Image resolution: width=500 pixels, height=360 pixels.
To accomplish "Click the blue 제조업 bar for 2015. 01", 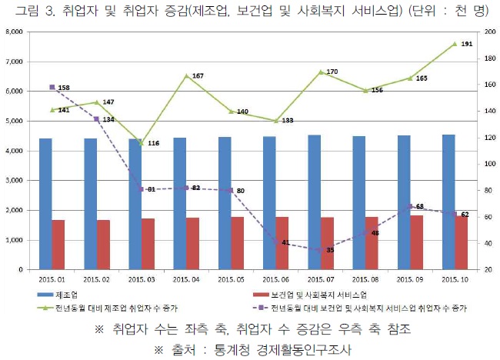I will click(45, 204).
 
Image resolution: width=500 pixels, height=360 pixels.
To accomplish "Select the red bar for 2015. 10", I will click(461, 242).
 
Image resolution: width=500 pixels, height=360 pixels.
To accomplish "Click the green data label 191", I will click(467, 44).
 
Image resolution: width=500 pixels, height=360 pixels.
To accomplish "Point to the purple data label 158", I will click(64, 88).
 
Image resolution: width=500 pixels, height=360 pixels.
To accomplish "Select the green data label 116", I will click(153, 143).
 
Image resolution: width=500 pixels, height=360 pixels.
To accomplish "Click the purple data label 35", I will click(330, 250).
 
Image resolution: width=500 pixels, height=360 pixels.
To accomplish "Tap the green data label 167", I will click(198, 75).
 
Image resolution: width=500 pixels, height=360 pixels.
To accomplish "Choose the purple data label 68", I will click(420, 206).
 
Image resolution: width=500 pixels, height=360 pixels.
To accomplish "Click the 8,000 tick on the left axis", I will click(14, 32).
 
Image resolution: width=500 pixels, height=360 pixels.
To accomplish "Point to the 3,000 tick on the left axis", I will click(14, 181).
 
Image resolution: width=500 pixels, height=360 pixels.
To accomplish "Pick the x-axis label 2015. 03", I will click(142, 280).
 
